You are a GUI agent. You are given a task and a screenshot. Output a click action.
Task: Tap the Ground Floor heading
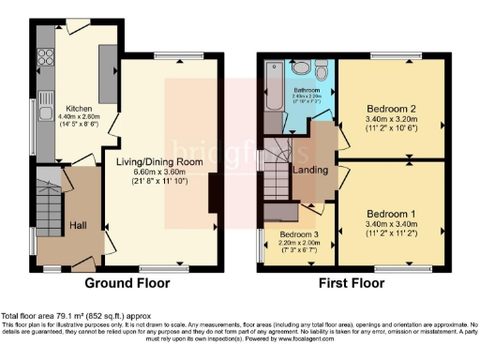click(x=127, y=282)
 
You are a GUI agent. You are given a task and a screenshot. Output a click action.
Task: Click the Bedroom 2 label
click(x=392, y=108)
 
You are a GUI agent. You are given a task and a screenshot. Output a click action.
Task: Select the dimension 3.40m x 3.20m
click(x=392, y=120)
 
